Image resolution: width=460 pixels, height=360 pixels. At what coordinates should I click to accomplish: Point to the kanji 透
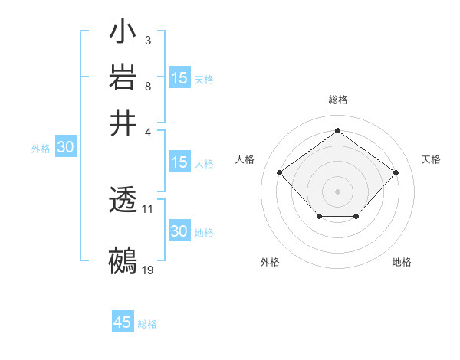(123, 201)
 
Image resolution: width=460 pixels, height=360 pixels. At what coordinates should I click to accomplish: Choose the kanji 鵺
(123, 260)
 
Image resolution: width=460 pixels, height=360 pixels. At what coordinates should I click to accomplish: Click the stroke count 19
(148, 270)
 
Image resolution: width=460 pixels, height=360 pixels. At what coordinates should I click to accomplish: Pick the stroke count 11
(148, 208)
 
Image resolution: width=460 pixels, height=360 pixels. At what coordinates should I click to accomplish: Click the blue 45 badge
(123, 322)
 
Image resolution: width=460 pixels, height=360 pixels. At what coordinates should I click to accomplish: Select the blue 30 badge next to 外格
(65, 148)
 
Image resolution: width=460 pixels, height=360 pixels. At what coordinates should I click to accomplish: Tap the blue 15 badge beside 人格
(179, 162)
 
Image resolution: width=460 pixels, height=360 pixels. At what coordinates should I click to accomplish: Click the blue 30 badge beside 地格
(179, 231)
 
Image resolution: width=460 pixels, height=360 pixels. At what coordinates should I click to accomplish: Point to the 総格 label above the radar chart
(338, 100)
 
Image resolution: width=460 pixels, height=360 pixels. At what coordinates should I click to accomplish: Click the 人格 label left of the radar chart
(245, 159)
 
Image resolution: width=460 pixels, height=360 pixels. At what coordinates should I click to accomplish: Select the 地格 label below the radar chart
(402, 262)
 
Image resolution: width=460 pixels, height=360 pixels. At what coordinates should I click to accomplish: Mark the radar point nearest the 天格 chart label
(396, 172)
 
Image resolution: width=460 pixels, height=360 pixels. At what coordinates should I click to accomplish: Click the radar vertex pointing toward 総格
(337, 130)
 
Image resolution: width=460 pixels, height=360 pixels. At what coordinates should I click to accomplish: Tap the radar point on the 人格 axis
(280, 172)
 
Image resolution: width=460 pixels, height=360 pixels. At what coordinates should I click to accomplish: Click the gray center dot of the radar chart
(337, 191)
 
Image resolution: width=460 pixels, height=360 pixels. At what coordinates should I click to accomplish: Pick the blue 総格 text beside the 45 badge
(147, 324)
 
